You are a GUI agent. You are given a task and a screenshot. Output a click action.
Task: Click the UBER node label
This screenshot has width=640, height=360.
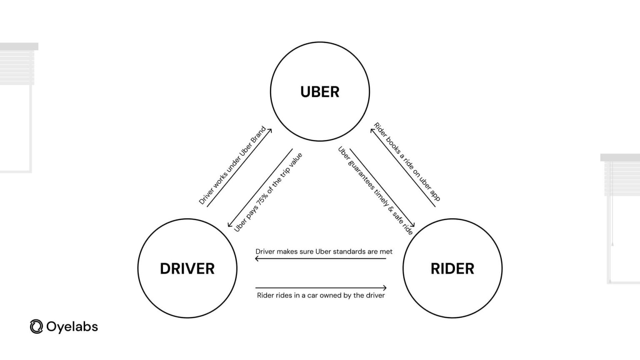pyautogui.click(x=320, y=92)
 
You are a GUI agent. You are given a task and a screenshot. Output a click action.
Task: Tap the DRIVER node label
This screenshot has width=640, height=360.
pyautogui.click(x=187, y=269)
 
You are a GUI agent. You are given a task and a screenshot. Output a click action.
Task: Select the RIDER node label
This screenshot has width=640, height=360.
pyautogui.click(x=452, y=269)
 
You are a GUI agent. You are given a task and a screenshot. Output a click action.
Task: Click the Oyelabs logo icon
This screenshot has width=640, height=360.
pyautogui.click(x=36, y=327)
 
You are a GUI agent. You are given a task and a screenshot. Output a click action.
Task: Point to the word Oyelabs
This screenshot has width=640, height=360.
pyautogui.click(x=72, y=327)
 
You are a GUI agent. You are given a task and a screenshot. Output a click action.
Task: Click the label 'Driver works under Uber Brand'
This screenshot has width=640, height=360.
pyautogui.click(x=232, y=165)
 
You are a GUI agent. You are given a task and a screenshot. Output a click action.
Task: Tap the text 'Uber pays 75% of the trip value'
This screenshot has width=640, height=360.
pyautogui.click(x=268, y=192)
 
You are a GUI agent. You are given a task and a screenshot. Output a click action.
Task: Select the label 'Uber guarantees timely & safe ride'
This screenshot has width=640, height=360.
pyautogui.click(x=375, y=190)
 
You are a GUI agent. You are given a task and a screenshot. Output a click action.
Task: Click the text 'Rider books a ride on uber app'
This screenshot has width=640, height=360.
pyautogui.click(x=407, y=162)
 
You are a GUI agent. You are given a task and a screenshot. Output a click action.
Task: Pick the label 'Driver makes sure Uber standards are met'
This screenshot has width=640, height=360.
pyautogui.click(x=324, y=252)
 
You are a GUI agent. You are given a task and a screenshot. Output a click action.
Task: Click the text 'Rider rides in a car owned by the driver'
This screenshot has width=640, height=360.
pyautogui.click(x=320, y=295)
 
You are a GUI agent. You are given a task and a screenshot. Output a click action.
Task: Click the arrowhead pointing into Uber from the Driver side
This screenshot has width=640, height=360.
pyautogui.click(x=271, y=130)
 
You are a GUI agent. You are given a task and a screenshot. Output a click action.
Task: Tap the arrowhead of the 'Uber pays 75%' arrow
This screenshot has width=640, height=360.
pyautogui.click(x=229, y=225)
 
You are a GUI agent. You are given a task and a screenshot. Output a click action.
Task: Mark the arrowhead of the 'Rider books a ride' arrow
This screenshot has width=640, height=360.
pyautogui.click(x=372, y=130)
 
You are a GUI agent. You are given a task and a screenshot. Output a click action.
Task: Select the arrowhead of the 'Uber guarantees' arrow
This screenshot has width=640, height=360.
pyautogui.click(x=413, y=225)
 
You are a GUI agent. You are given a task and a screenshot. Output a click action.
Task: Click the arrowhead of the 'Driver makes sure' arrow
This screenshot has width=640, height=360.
pyautogui.click(x=257, y=259)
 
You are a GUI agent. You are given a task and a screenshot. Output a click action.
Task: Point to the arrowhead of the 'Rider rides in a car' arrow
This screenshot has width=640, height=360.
pyautogui.click(x=385, y=287)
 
